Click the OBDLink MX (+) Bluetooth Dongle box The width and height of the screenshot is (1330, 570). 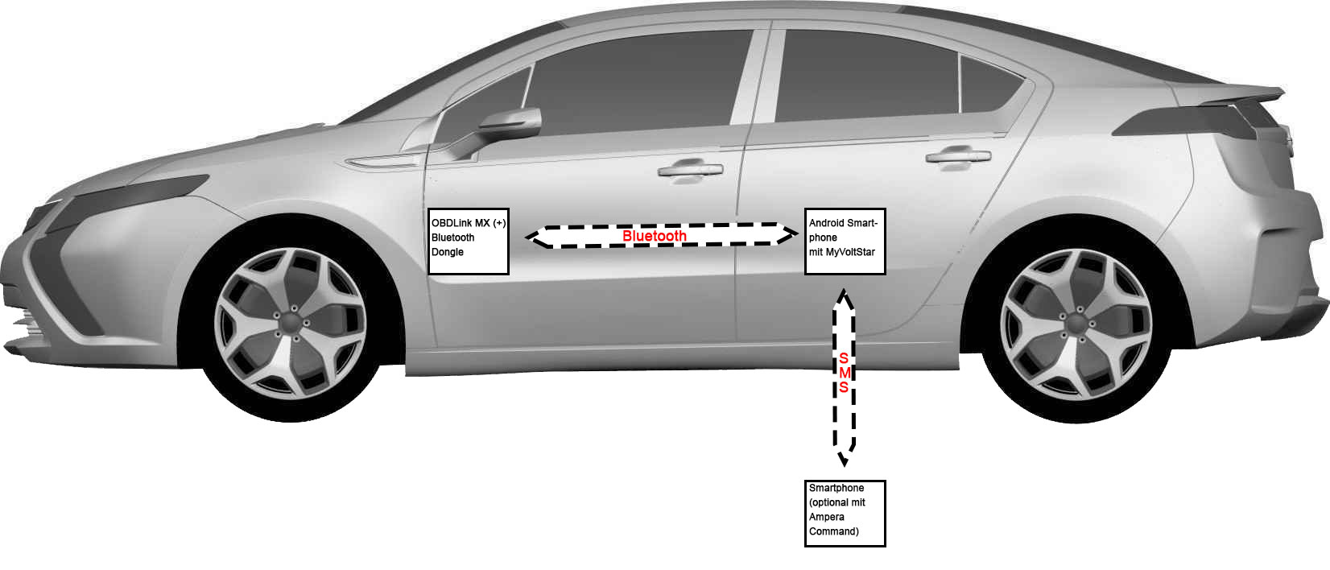[469, 241]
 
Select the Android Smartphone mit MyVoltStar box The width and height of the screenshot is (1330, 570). [845, 241]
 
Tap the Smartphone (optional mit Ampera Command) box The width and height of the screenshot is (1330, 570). [845, 514]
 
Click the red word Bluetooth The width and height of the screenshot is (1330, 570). [655, 236]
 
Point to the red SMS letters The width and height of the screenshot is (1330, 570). [844, 373]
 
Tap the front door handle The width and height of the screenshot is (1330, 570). [690, 170]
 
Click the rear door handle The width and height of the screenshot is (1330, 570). [957, 156]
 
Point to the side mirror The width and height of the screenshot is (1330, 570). [510, 123]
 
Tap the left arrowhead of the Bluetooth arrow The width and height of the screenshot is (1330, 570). [535, 236]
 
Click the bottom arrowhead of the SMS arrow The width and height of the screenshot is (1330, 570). [844, 459]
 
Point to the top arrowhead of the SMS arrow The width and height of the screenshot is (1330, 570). [844, 297]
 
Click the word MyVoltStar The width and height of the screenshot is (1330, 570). [850, 252]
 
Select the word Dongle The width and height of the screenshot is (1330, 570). [448, 252]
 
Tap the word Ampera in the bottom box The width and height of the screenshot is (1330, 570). [827, 517]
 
